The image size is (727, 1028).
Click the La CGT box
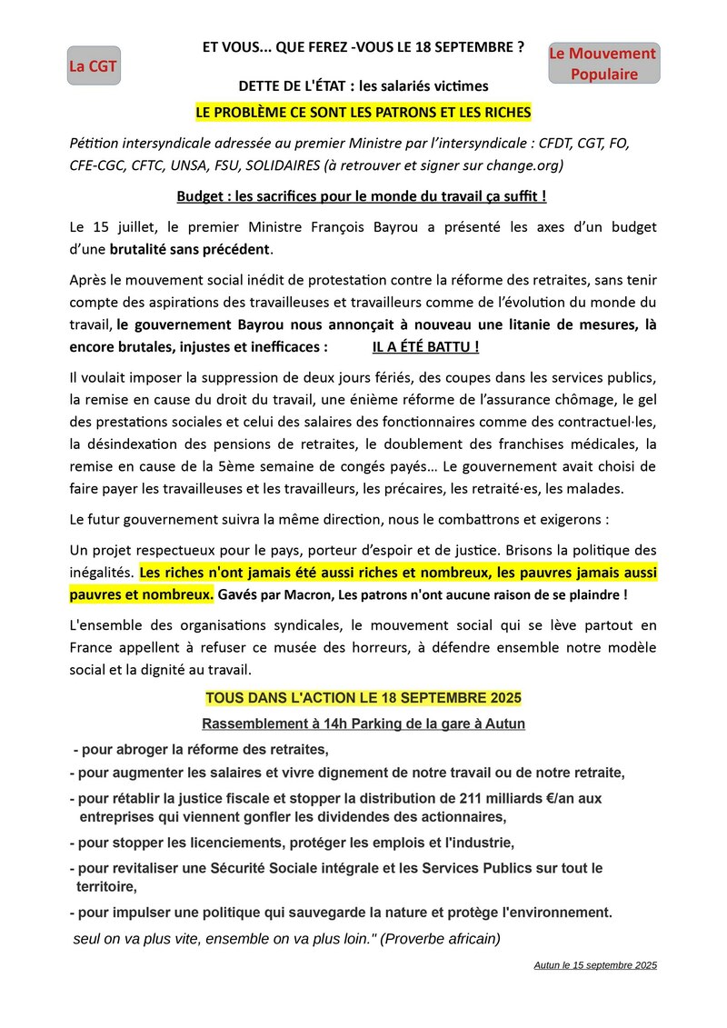coord(94,66)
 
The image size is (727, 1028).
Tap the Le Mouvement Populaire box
coord(604,64)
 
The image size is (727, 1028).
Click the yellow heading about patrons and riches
coord(363,112)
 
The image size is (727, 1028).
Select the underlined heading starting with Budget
coord(362,195)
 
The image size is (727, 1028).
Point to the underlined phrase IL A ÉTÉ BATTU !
coord(425,346)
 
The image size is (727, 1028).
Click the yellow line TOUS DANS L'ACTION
coord(363,698)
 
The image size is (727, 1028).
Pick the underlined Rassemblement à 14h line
coord(363,724)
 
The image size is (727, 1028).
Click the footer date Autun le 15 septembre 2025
coord(595,964)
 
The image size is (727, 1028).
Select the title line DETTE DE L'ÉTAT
coord(363,86)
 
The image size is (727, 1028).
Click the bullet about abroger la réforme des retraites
coord(201,750)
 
